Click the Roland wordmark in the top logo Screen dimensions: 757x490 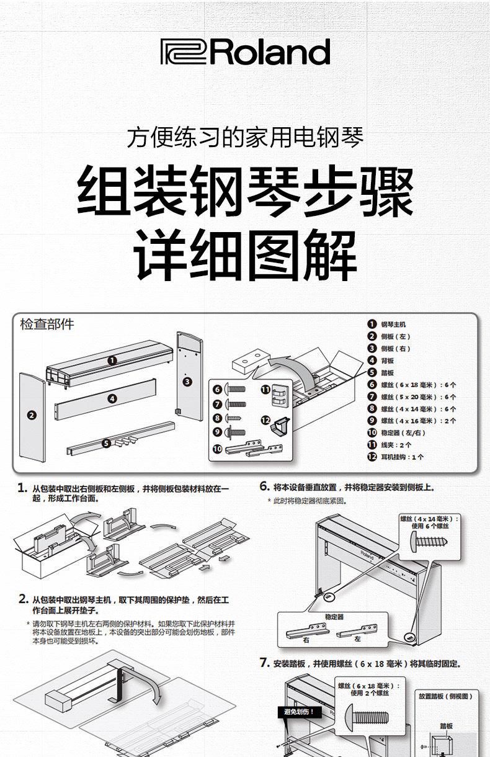click(x=270, y=52)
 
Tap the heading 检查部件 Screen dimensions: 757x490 click(x=47, y=324)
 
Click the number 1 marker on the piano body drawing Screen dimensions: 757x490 click(x=112, y=360)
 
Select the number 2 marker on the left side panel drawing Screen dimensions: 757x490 click(x=32, y=415)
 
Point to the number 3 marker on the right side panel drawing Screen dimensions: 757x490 click(x=187, y=382)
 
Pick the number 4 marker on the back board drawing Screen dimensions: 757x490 click(x=112, y=399)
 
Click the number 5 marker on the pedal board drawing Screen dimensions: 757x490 click(x=107, y=443)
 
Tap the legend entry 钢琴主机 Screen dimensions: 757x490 click(x=393, y=324)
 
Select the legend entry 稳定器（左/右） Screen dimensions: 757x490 click(x=403, y=432)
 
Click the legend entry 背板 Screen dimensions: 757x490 click(x=387, y=361)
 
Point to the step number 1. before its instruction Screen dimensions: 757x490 click(x=22, y=488)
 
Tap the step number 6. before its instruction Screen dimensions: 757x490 click(x=264, y=487)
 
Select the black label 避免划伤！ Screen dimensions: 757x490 click(x=300, y=712)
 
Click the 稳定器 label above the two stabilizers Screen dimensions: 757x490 click(x=334, y=617)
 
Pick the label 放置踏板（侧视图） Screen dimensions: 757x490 click(x=445, y=696)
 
